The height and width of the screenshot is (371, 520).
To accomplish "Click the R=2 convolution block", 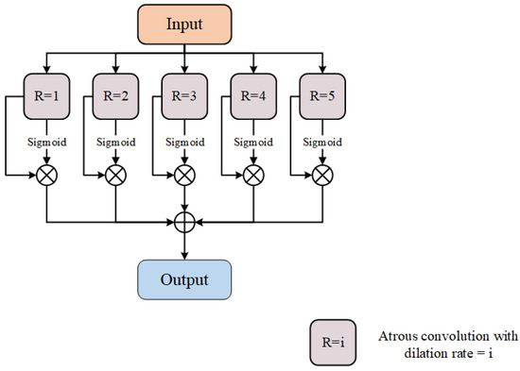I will point(116,96).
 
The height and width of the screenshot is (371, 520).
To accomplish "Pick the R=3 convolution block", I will point(185,96).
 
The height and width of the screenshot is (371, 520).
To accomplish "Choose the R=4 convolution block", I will point(254,96).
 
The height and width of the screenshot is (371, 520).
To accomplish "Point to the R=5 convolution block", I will point(322,96).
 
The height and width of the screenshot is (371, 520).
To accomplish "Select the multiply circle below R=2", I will point(116,175).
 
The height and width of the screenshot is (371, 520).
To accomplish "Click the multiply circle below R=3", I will point(185,175).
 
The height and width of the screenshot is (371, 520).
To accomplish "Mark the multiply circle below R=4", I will point(254,175).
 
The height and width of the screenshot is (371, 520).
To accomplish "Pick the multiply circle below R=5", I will point(322,175).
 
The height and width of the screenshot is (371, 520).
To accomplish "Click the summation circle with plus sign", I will point(185,223).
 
